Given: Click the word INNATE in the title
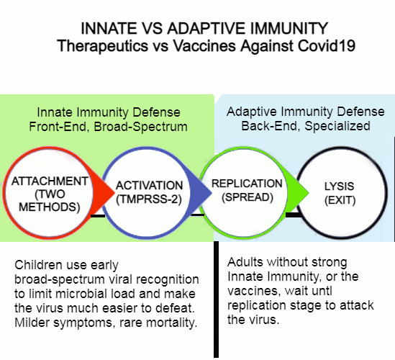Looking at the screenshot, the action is click(x=109, y=28).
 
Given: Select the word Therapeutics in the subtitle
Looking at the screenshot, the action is click(x=103, y=47).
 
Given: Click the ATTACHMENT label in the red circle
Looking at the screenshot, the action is click(x=50, y=181).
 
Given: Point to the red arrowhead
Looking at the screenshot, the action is click(x=103, y=193).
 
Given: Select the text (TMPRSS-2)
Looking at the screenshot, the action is click(x=149, y=199).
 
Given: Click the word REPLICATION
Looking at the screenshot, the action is click(x=247, y=184).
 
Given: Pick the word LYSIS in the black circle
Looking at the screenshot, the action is click(x=339, y=186).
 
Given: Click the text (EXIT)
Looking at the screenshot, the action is click(x=340, y=200).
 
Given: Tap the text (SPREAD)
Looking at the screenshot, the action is click(x=248, y=197).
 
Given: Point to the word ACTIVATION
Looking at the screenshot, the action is click(x=150, y=186).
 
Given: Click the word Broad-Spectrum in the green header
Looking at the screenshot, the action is click(x=140, y=127).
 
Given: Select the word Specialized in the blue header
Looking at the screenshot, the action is click(x=337, y=126).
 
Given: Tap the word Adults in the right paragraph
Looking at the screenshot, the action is click(x=245, y=262).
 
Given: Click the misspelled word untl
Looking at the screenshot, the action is click(x=320, y=291).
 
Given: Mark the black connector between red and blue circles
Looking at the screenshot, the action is click(x=97, y=216).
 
